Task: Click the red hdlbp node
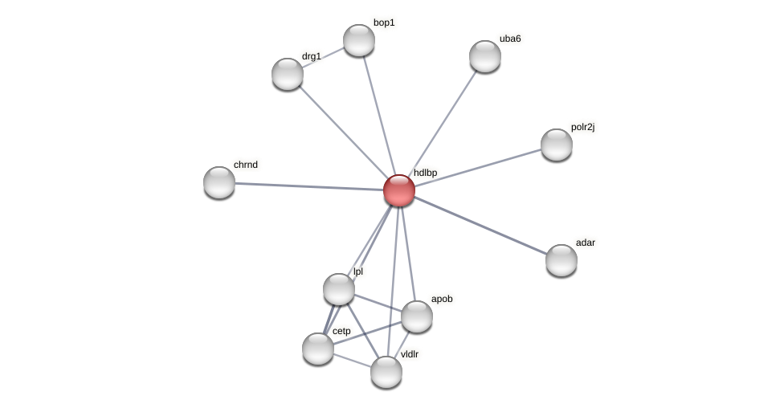[x=398, y=190]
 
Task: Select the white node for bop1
[x=358, y=40]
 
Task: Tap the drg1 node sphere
[x=287, y=74]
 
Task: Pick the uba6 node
[x=484, y=56]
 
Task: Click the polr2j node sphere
[x=556, y=145]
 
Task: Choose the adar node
[x=561, y=260]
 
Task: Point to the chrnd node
[x=218, y=182]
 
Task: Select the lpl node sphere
[x=338, y=289]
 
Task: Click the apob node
[x=416, y=316]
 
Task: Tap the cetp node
[x=317, y=349]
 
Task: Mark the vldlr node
[x=386, y=372]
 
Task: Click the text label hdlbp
[x=425, y=173]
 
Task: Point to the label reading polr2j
[x=582, y=127]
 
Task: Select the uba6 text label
[x=510, y=39]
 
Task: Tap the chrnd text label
[x=246, y=165]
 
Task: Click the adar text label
[x=586, y=243]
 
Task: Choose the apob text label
[x=442, y=299]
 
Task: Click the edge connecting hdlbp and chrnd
[x=309, y=186]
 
